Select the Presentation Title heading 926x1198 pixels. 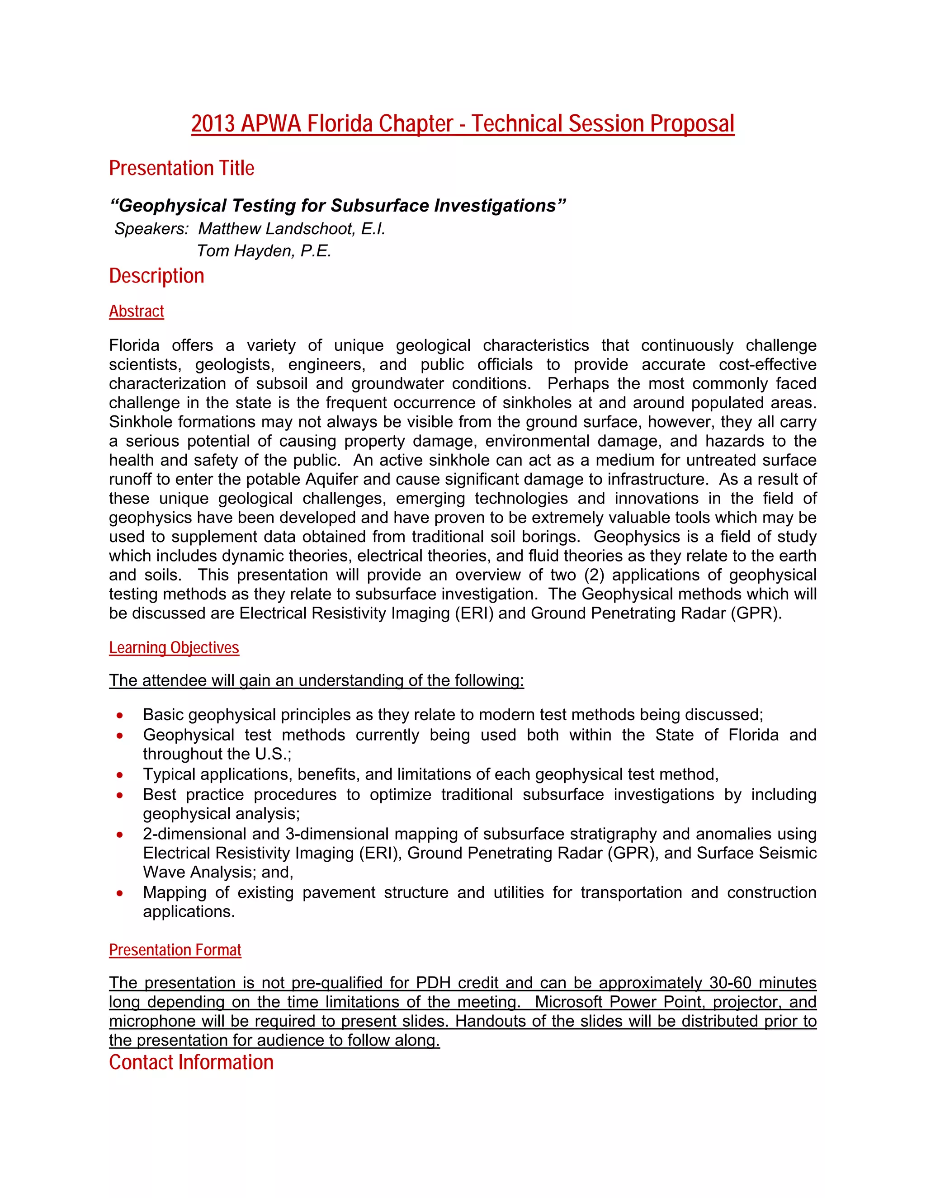pyautogui.click(x=182, y=168)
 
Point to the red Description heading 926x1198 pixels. pyautogui.click(x=156, y=276)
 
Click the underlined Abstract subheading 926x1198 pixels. pyautogui.click(x=136, y=311)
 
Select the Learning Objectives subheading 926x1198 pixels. pyautogui.click(x=174, y=648)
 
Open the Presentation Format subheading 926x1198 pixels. pyautogui.click(x=175, y=950)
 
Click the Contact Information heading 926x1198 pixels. pyautogui.click(x=191, y=1062)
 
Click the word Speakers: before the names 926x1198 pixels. pyautogui.click(x=151, y=229)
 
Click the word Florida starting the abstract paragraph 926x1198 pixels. pyautogui.click(x=134, y=345)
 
